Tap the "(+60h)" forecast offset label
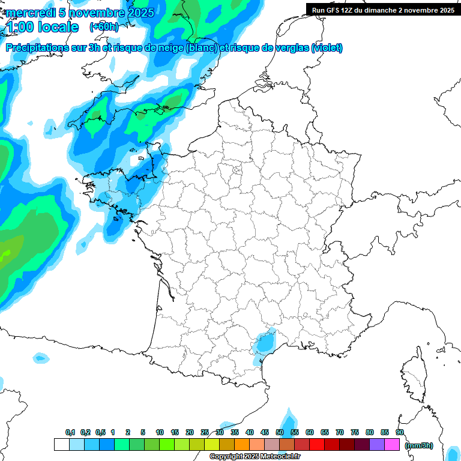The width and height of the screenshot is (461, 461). click(x=103, y=27)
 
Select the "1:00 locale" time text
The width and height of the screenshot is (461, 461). click(x=42, y=28)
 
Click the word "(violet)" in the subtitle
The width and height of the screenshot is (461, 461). click(x=327, y=48)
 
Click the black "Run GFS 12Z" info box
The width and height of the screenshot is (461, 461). click(x=383, y=10)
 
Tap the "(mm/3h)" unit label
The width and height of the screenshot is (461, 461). click(x=419, y=445)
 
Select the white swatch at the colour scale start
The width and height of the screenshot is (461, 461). click(x=61, y=445)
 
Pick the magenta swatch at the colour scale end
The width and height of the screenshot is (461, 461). click(x=392, y=445)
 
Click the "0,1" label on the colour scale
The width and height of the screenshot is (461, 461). click(x=70, y=433)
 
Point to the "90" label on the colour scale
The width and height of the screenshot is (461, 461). click(x=400, y=433)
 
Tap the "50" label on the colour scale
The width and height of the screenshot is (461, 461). click(x=280, y=433)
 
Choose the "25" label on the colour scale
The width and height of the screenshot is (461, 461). click(x=205, y=433)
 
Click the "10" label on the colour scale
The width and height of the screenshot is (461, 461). click(x=160, y=433)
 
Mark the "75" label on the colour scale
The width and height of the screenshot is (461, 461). click(x=355, y=433)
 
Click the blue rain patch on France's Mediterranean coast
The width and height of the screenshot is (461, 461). click(x=262, y=345)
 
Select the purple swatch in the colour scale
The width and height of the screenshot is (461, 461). click(x=377, y=445)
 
